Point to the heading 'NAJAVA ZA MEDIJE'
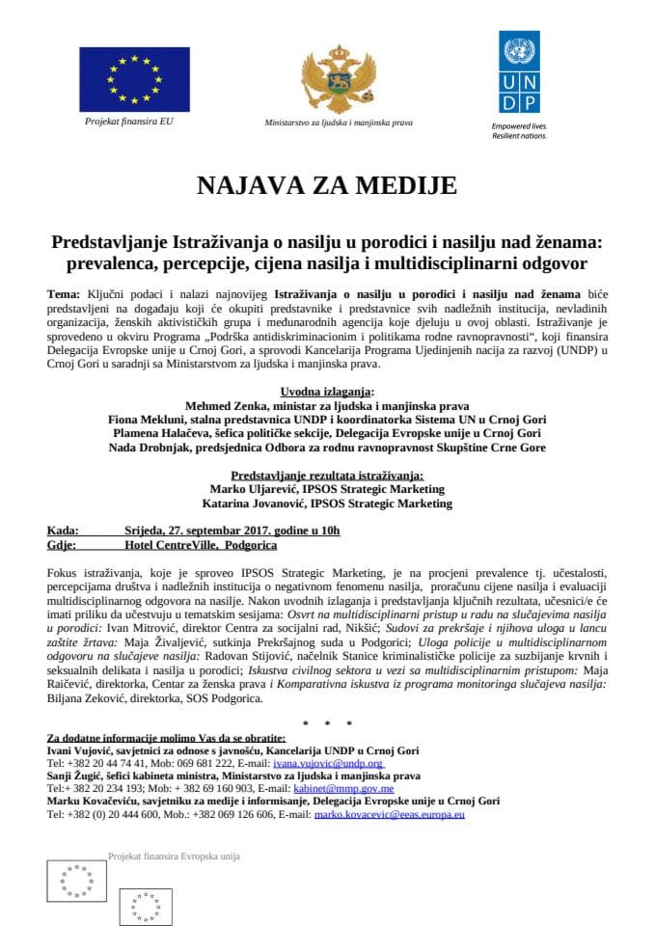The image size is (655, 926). pos(327,185)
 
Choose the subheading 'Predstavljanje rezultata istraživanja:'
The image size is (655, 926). pos(327,476)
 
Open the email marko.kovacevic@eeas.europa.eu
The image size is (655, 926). pos(391,814)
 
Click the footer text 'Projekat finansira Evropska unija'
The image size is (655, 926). pos(174,856)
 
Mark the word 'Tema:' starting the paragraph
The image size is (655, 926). pos(64,291)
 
